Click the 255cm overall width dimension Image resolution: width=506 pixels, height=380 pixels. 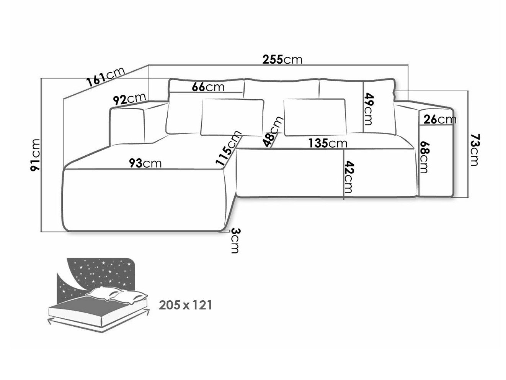click(282, 59)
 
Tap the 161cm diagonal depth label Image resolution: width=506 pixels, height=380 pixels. click(106, 77)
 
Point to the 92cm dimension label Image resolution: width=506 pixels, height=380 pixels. click(129, 99)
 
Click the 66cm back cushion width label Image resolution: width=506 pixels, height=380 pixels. click(208, 87)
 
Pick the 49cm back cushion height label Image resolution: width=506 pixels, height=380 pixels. click(367, 109)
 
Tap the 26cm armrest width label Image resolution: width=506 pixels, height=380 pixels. click(440, 120)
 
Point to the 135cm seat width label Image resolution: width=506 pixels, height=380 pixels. click(328, 143)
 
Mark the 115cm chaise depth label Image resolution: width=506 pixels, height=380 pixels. click(229, 148)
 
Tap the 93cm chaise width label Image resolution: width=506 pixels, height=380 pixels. click(145, 163)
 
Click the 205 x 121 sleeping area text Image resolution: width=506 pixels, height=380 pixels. click(185, 306)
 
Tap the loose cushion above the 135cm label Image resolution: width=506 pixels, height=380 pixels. click(315, 117)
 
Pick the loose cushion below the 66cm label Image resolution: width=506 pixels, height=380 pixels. click(232, 117)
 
